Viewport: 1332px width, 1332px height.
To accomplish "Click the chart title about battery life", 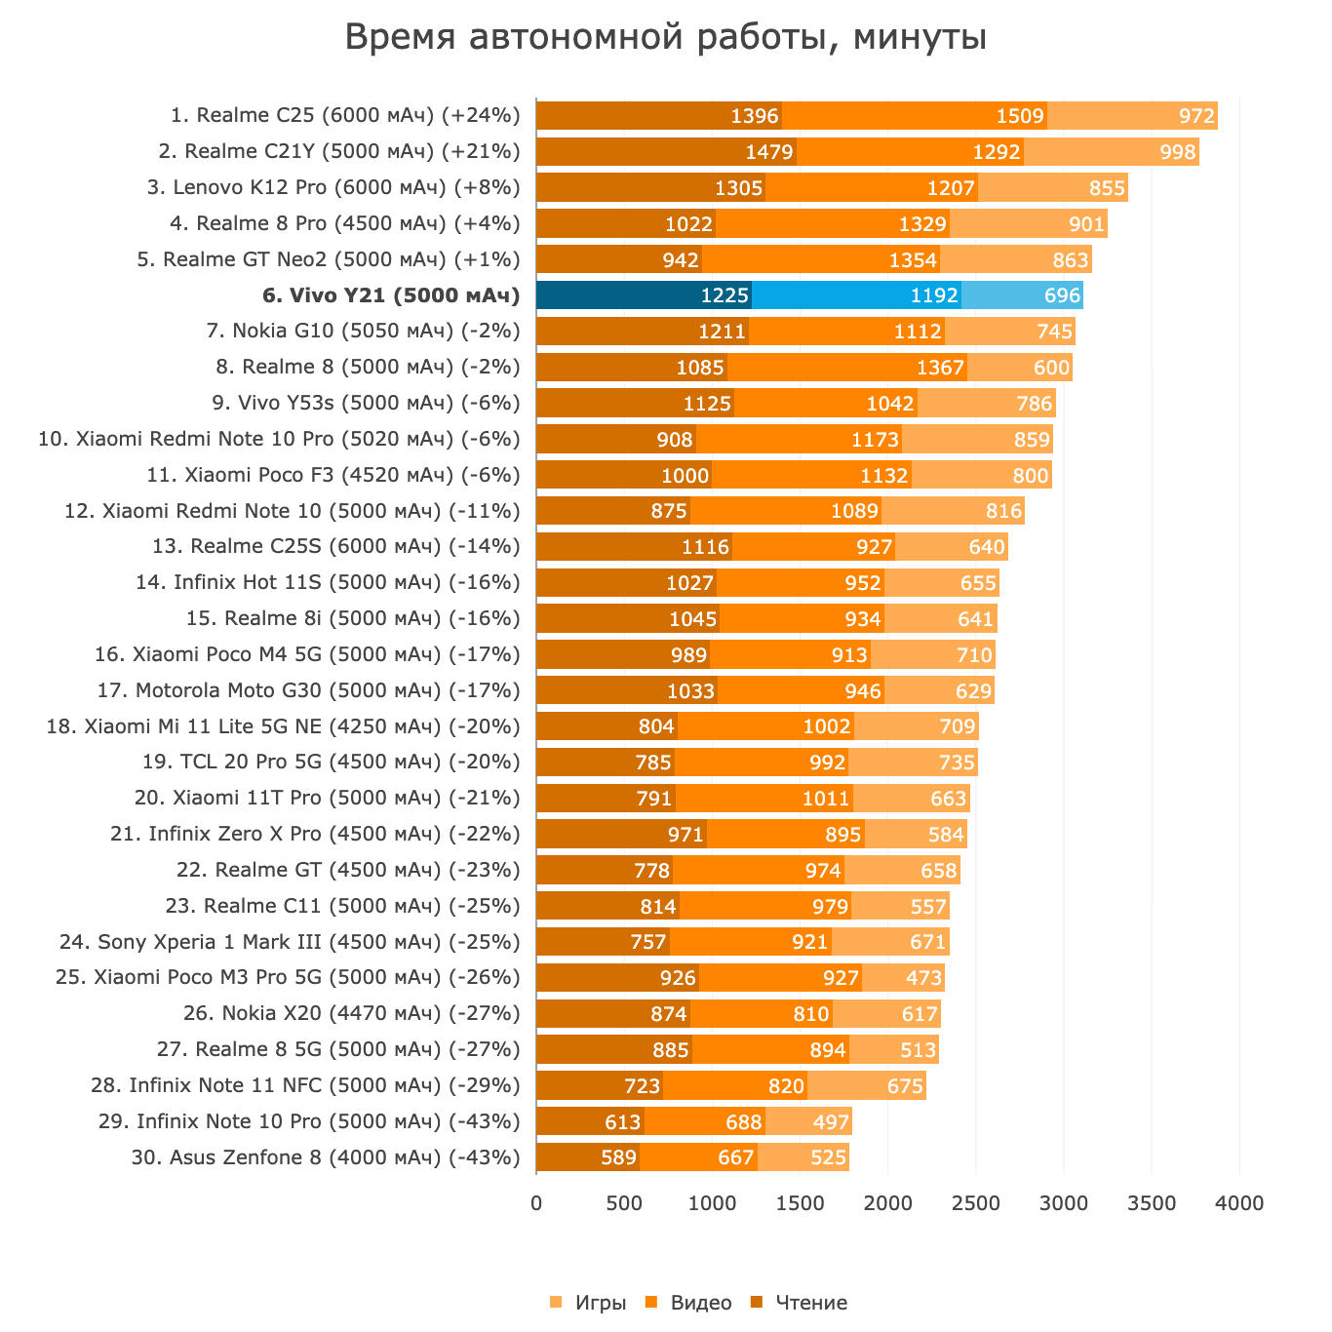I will pos(665,38).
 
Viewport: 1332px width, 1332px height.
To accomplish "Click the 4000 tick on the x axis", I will pos(1239,1203).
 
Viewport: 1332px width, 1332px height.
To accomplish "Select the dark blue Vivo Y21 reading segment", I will pos(644,295).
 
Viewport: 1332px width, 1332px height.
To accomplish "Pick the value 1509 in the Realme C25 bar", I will pos(1020,116).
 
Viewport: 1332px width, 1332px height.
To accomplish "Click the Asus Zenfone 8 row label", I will pos(326,1157).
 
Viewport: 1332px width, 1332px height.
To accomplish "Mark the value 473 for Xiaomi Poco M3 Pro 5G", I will pos(923,978).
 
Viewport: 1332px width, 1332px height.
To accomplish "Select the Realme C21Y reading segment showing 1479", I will pos(666,152).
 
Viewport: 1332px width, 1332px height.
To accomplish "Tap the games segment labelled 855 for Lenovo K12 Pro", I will pos(1106,188).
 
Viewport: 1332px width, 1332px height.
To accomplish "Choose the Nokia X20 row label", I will pos(351,1014).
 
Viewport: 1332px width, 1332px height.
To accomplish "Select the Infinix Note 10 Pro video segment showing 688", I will pos(705,1121).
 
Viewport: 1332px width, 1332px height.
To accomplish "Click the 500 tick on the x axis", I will pos(624,1203).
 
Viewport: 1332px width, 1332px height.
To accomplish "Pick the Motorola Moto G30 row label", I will pos(309,690).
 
